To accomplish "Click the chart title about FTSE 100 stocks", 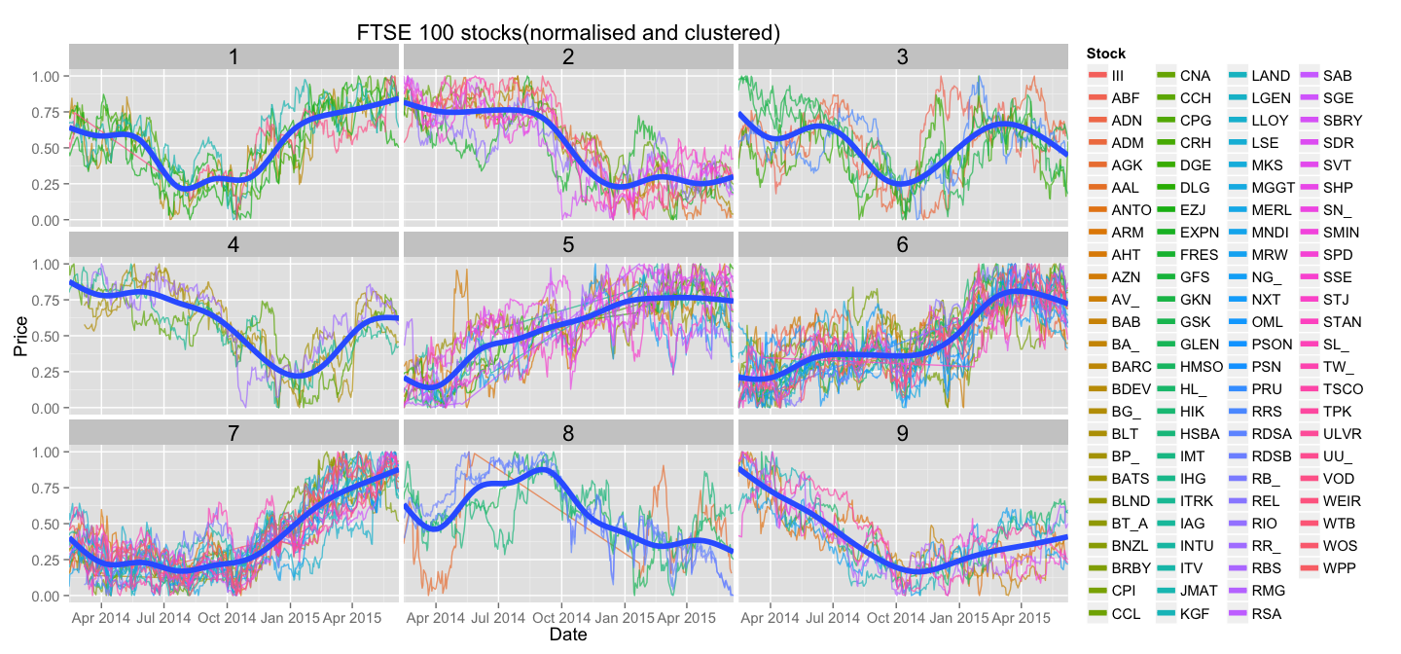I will tap(569, 32).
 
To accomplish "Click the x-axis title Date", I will tap(567, 635).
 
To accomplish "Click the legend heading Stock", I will tap(1106, 54).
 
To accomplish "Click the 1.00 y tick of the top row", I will tap(48, 76).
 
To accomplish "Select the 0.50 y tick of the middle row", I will tap(48, 336).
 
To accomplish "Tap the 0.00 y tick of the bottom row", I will tap(48, 596).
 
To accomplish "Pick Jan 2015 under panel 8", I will tap(626, 617).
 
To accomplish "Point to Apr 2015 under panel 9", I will tap(1021, 617).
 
